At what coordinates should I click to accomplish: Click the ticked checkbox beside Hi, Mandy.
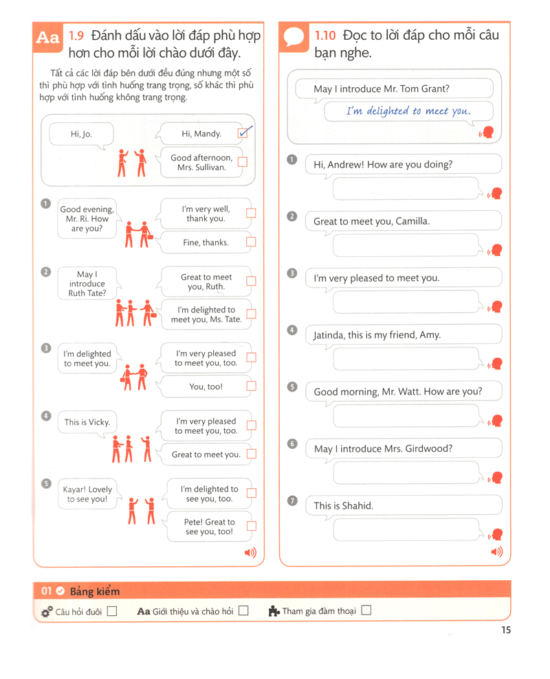pos(243,133)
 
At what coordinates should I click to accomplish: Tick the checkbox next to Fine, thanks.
pos(251,242)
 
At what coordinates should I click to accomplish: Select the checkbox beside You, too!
pos(251,387)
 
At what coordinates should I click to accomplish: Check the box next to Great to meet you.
pos(251,454)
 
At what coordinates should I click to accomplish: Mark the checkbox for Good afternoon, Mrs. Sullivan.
pos(242,163)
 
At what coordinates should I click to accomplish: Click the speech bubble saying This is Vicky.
pos(87,422)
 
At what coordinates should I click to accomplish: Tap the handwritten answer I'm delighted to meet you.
pos(408,111)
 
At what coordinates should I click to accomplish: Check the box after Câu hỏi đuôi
pos(112,611)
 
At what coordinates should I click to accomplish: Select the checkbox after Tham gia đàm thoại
pos(366,610)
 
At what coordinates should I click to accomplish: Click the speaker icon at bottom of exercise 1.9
pos(250,552)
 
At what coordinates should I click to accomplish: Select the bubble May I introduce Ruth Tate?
pos(87,284)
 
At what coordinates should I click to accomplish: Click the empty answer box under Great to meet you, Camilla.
pos(406,244)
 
